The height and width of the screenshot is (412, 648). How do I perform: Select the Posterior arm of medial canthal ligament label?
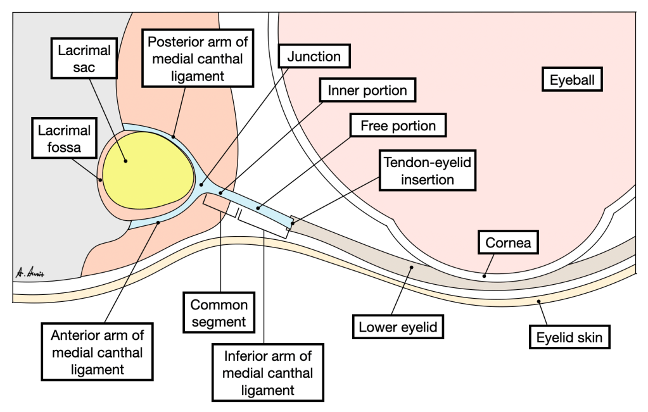coord(197,59)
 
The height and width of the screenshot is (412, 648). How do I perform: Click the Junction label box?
coord(314,56)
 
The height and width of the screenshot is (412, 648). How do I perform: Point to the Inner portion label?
coord(367,91)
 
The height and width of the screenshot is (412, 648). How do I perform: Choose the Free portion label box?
coord(398,125)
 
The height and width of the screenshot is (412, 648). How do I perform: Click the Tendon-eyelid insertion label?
coord(428,170)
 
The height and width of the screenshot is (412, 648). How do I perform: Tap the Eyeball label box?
coord(575,80)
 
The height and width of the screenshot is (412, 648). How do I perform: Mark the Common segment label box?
coord(219,313)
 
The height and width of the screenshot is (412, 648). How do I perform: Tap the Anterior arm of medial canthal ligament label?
coord(97,352)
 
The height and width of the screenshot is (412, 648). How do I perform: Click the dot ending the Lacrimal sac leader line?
coord(127,161)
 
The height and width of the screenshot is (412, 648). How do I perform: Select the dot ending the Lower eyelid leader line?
coord(410,268)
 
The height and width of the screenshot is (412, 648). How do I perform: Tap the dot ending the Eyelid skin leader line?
coord(539,302)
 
